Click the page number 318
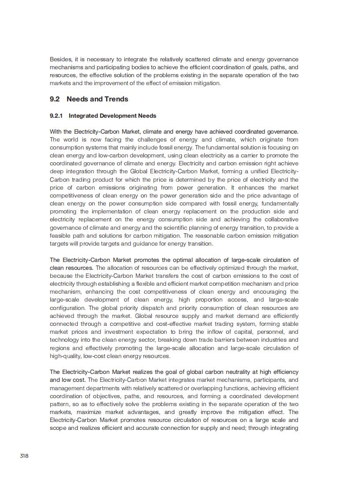[x=24, y=456]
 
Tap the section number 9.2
[x=55, y=99]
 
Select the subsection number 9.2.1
[x=56, y=116]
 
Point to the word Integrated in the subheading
[x=84, y=116]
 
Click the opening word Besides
[x=60, y=60]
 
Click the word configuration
[x=67, y=308]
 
